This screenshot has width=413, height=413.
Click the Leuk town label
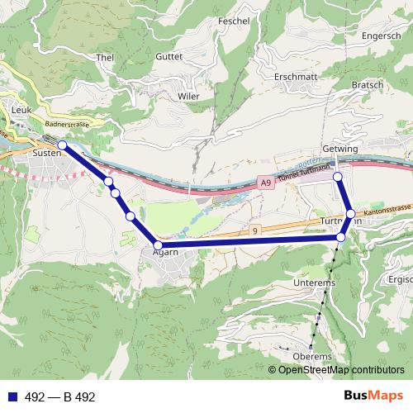(x=21, y=108)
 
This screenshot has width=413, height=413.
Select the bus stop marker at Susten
(x=62, y=145)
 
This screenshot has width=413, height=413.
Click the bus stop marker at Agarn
(x=158, y=244)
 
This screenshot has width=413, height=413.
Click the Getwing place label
(x=340, y=149)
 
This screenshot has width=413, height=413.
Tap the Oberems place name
(x=311, y=356)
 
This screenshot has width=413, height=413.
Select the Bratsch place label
(x=367, y=84)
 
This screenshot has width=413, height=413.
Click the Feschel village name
(x=234, y=21)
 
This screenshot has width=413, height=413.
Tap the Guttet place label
(x=169, y=56)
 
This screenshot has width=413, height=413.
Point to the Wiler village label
(x=188, y=96)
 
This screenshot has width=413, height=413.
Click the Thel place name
(x=105, y=57)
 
